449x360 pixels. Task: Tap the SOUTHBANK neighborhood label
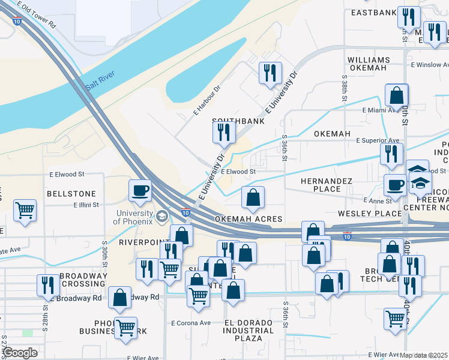[x=238, y=121]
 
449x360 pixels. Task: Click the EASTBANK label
[x=374, y=13]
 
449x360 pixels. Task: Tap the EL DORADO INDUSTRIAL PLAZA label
[x=249, y=331]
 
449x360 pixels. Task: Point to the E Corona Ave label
[x=191, y=323]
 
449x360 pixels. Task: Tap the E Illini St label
[x=88, y=204]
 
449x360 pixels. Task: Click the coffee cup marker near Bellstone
[x=140, y=191]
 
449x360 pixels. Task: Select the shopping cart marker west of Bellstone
[x=25, y=211]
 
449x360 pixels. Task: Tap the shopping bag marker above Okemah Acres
[x=253, y=197]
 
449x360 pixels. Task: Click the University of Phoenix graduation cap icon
[x=162, y=215]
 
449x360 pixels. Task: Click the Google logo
[x=20, y=353]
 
